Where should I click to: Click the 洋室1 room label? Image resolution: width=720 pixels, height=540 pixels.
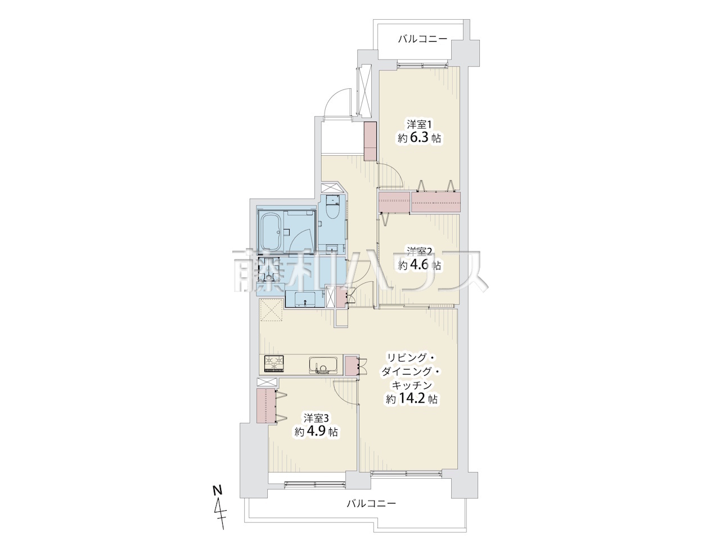tap(419, 124)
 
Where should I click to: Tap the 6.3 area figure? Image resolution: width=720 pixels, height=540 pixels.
tap(419, 138)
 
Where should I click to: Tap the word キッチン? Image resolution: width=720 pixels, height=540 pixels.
tap(411, 385)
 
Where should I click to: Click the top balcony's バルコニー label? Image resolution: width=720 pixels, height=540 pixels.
tap(423, 40)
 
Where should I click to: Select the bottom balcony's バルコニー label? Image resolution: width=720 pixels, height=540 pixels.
tap(372, 503)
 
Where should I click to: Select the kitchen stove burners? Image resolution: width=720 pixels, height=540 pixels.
tap(273, 363)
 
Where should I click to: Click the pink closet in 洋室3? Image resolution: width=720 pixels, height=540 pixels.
tap(265, 406)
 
